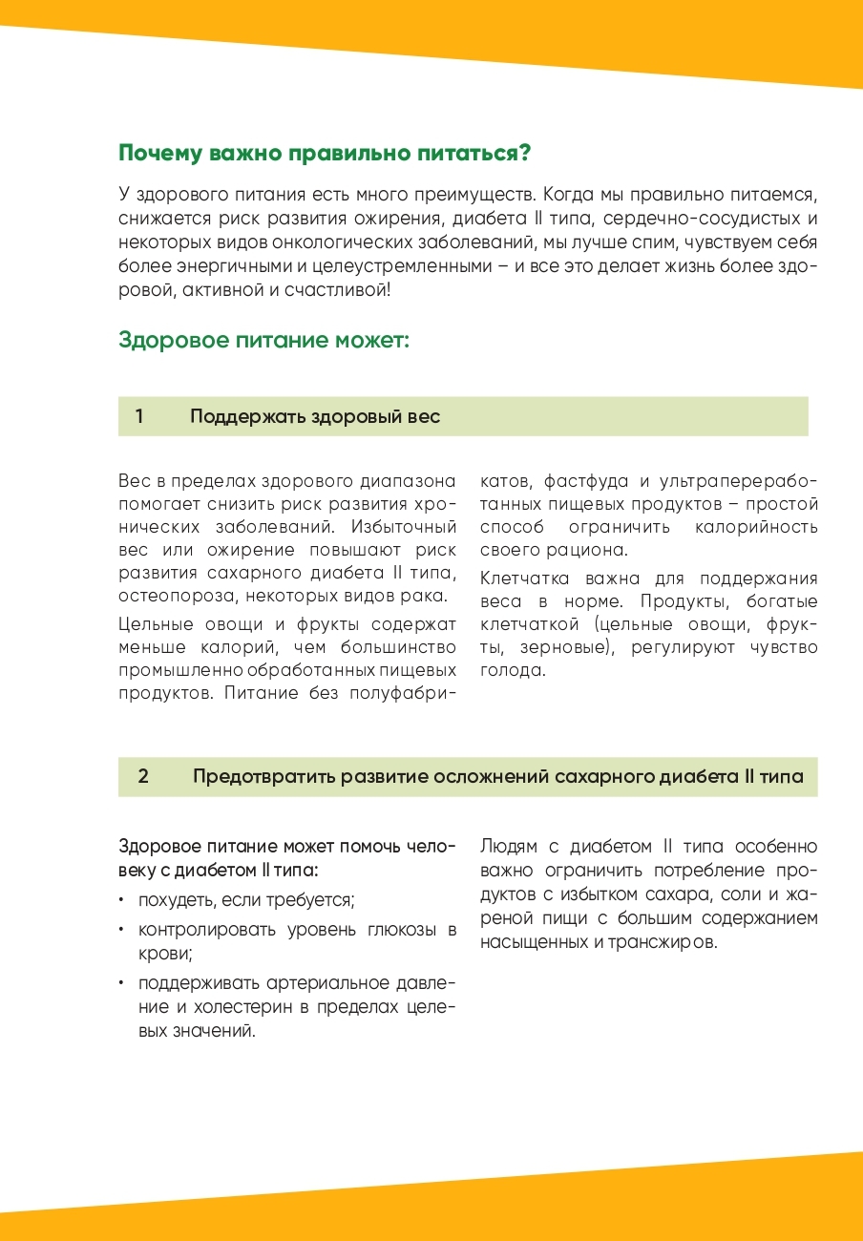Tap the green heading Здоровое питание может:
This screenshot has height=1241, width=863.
263,340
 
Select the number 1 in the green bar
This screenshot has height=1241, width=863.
140,416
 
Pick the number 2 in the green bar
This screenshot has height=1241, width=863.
143,776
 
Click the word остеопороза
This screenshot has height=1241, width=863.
177,597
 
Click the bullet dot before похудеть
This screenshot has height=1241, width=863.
122,900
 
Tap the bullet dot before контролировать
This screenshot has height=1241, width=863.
122,929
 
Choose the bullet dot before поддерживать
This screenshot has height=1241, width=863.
122,983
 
